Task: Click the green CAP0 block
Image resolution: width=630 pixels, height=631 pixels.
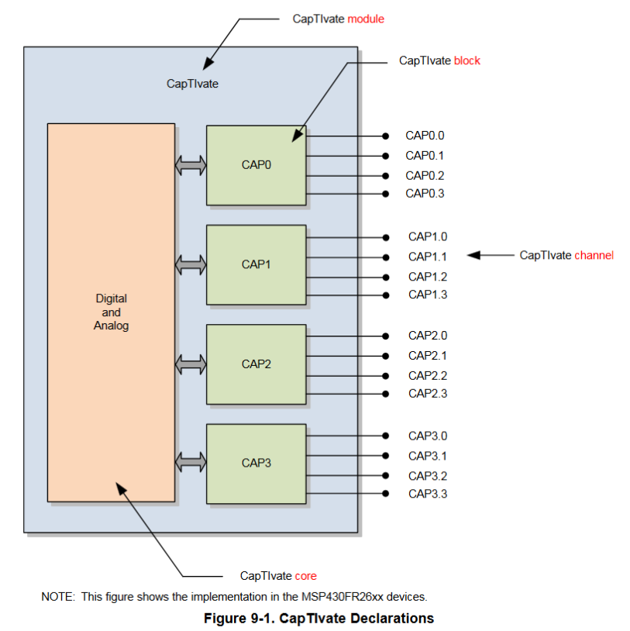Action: click(256, 165)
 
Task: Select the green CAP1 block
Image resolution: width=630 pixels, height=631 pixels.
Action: click(256, 264)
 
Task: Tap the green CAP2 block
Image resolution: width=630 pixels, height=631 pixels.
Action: click(256, 364)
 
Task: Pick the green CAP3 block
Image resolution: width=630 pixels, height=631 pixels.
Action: click(256, 463)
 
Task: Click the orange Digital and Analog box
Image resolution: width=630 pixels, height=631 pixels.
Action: click(111, 312)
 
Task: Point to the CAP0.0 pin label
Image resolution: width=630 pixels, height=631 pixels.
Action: click(425, 136)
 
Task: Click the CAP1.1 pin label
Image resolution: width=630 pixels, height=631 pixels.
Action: click(427, 257)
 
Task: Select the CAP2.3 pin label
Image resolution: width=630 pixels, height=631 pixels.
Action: click(427, 394)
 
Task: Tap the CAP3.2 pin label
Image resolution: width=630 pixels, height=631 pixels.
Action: click(427, 476)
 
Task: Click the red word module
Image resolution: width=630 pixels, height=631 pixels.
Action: click(366, 19)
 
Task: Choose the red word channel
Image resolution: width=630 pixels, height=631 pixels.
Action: click(594, 255)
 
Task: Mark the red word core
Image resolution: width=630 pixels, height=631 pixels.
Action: click(305, 576)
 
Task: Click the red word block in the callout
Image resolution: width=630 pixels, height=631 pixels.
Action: click(467, 60)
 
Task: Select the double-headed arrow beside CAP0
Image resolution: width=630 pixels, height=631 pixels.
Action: click(191, 165)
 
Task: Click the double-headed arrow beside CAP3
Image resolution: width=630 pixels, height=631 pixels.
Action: click(191, 463)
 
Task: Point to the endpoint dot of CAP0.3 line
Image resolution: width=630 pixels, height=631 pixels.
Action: click(385, 194)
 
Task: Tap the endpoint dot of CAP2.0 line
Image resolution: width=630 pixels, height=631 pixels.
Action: click(385, 336)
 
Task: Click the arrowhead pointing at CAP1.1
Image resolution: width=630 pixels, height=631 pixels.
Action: click(473, 255)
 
